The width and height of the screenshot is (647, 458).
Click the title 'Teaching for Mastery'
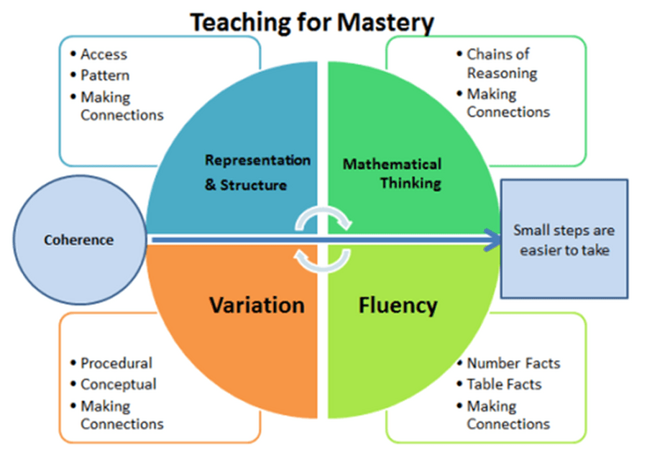pos(312,22)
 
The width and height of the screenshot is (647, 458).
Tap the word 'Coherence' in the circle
pos(79,240)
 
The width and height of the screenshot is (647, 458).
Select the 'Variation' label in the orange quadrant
pos(257,306)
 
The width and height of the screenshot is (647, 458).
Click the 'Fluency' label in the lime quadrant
pos(398,306)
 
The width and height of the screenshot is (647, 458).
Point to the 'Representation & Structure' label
pos(257,173)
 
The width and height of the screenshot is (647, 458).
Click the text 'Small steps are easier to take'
pos(564,240)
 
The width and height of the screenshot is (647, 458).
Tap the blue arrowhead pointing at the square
pos(492,239)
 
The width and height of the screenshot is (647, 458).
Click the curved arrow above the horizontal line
pos(323,211)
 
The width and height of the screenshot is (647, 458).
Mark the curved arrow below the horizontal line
pos(323,268)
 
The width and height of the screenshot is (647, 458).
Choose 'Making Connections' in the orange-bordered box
pos(122,415)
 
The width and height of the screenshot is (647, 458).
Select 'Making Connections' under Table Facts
pos(508,415)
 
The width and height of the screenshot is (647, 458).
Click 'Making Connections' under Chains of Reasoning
pos(508,103)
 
